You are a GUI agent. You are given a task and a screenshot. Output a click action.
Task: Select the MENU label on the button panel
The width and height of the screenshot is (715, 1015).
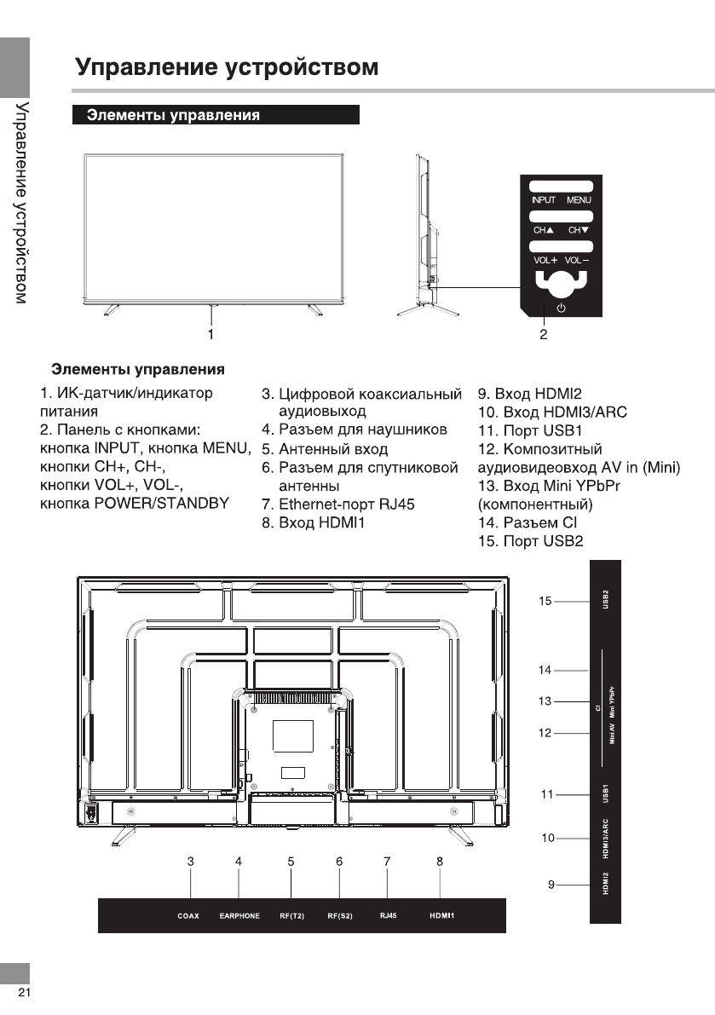[x=579, y=200]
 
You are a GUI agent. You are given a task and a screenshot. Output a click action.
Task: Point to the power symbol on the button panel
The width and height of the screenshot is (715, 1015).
[x=560, y=309]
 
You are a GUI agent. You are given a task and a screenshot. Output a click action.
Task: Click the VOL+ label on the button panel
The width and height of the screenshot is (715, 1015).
[x=545, y=259]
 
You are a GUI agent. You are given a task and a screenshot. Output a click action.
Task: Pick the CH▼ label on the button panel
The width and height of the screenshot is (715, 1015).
[x=579, y=230]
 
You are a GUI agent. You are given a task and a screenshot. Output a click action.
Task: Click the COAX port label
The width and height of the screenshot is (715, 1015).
[x=188, y=916]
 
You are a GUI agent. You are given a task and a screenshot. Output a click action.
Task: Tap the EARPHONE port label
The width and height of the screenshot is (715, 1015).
[x=239, y=916]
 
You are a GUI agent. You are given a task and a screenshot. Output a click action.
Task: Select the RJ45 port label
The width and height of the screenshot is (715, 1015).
[x=386, y=916]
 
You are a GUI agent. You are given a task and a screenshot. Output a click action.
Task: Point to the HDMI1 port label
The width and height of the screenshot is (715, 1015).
[x=441, y=916]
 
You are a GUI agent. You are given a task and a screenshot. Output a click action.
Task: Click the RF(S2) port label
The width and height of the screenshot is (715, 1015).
[x=340, y=916]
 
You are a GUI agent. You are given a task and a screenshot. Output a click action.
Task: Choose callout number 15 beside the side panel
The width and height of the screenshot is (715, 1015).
[x=545, y=601]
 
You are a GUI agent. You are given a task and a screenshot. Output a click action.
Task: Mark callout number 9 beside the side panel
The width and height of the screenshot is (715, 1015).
[x=551, y=885]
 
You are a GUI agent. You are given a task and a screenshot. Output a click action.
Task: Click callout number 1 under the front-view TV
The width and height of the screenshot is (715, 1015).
[x=210, y=333]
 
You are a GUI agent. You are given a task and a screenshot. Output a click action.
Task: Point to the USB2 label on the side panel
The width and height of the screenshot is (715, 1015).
[x=606, y=601]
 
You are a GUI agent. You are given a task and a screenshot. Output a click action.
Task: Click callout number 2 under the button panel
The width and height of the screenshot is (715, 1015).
[x=543, y=334]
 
